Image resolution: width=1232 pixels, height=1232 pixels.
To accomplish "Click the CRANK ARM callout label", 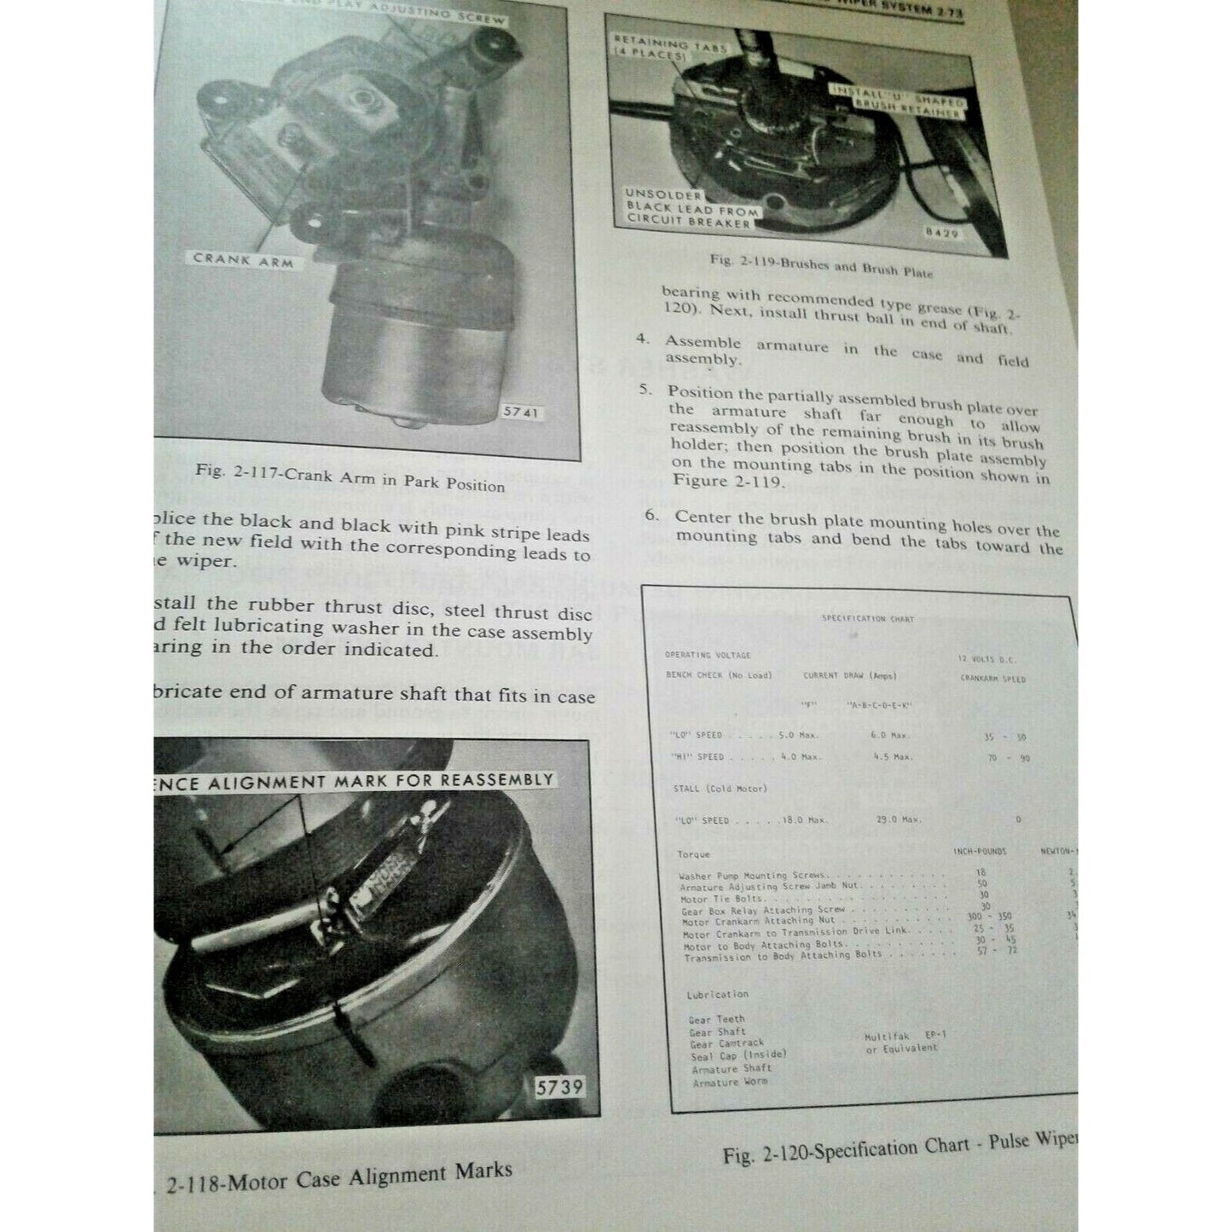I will tap(242, 260).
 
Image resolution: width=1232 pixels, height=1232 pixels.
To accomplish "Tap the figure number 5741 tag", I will tap(521, 413).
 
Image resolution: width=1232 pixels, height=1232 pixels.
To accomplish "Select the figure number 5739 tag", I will tap(560, 1088).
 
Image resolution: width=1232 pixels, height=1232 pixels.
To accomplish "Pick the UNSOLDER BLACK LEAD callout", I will tap(691, 208).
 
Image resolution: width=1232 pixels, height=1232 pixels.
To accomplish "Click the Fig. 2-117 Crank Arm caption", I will tap(350, 477).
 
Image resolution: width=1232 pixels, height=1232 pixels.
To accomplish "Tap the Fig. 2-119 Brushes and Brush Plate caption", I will tap(821, 265).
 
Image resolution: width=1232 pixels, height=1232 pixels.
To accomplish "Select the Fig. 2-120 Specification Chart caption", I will tap(899, 1148).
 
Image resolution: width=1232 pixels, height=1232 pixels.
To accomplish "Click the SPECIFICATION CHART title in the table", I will tap(867, 619).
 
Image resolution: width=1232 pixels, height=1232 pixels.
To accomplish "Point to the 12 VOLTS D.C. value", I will tap(986, 659).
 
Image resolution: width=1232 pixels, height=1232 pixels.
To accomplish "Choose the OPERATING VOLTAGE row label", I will tap(708, 655).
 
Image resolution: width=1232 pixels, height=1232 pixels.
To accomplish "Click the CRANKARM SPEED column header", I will tap(992, 679).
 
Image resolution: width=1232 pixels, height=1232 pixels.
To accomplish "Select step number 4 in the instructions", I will tap(643, 339).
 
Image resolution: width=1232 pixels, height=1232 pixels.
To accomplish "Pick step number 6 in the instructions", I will tap(652, 515).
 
